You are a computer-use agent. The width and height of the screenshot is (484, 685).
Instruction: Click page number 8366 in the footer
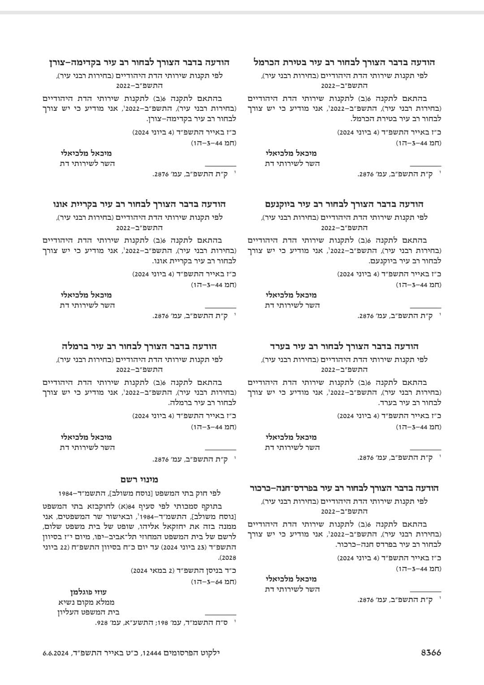(x=431, y=653)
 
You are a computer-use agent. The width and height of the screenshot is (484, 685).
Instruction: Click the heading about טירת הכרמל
(x=344, y=62)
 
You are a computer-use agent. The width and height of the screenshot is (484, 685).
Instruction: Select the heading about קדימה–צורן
(x=139, y=62)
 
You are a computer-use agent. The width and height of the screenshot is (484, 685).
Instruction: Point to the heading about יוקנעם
(x=344, y=204)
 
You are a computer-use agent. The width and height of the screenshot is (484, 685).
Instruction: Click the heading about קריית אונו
(x=139, y=204)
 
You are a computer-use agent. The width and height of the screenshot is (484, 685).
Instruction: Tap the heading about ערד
(x=344, y=346)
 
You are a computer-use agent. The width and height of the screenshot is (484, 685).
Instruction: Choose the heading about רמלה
(x=139, y=346)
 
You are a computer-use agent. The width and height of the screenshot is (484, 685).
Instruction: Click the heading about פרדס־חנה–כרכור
(x=344, y=488)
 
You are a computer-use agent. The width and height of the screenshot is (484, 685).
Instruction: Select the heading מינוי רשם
(x=139, y=480)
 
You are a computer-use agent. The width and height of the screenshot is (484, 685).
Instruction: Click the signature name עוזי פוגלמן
(x=88, y=592)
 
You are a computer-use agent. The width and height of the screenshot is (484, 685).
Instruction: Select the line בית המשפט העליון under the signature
(x=86, y=612)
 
